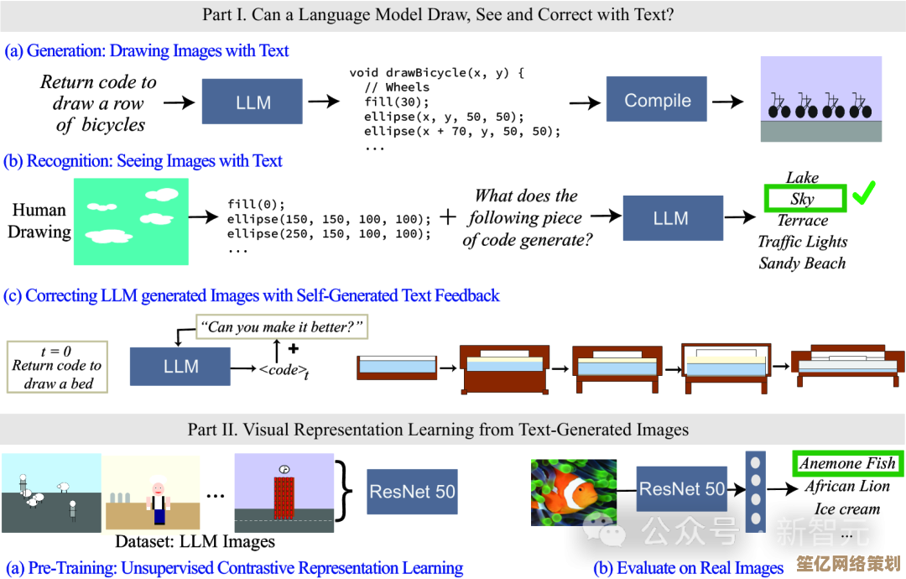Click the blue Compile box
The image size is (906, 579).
point(657,101)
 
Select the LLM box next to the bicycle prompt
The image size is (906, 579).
point(253,102)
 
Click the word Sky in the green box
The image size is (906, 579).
point(802,199)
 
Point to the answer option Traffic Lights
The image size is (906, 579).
point(802,242)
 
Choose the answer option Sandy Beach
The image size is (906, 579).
point(802,263)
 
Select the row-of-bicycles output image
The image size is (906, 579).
point(820,98)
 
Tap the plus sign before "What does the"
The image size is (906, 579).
point(449,217)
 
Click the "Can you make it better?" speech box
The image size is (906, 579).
point(282,326)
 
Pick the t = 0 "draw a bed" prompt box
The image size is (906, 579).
point(57,366)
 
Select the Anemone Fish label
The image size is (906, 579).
point(847,463)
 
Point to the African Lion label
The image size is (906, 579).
point(846,486)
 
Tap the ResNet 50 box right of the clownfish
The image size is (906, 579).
point(682,489)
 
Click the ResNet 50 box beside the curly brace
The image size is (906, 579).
point(413,491)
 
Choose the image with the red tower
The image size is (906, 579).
point(284,493)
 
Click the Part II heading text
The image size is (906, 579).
point(438,430)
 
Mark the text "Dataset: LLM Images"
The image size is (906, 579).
point(195,541)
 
